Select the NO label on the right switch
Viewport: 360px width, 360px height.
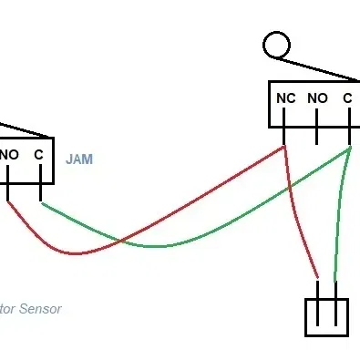coord(316,98)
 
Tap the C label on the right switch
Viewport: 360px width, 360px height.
coord(347,98)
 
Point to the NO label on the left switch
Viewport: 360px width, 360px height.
coord(9,155)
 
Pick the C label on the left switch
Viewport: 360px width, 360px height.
coord(39,155)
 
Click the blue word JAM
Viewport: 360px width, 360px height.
coord(79,159)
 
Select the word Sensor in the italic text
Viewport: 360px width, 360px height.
coord(41,309)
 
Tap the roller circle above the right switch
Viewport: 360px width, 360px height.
coord(276,44)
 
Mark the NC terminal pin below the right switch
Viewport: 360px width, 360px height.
coord(283,136)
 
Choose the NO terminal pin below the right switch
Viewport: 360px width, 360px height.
coord(316,136)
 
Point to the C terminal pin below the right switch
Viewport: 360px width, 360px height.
coord(349,136)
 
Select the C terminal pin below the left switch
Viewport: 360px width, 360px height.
coord(41,191)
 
